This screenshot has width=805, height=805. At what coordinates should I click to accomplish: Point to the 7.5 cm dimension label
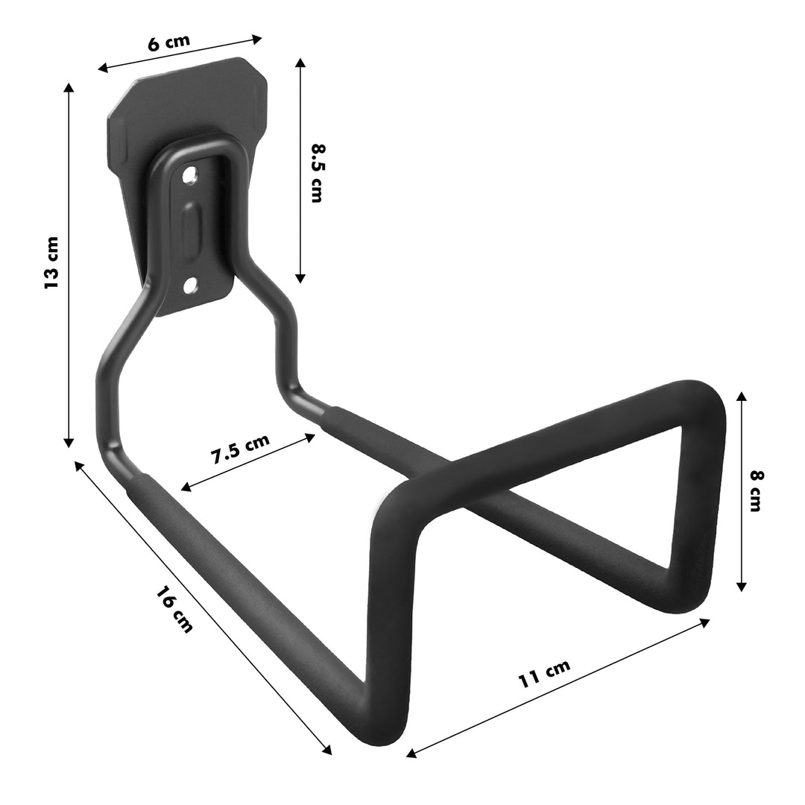point(239,449)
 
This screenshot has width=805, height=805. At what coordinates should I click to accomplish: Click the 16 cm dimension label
point(175,609)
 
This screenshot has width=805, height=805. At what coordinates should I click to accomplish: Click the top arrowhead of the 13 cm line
point(69,87)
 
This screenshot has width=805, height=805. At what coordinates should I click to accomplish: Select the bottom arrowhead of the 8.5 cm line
point(300,279)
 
